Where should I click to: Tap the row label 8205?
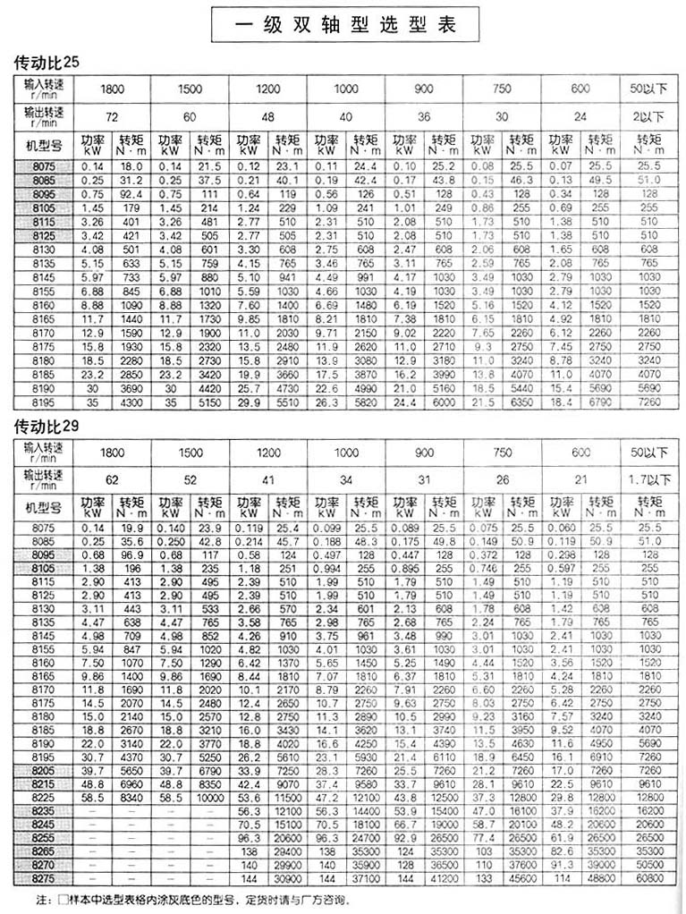click(43, 769)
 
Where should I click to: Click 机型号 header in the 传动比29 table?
click(43, 507)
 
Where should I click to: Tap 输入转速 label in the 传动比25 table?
click(43, 86)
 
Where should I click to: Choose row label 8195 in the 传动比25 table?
click(43, 402)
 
